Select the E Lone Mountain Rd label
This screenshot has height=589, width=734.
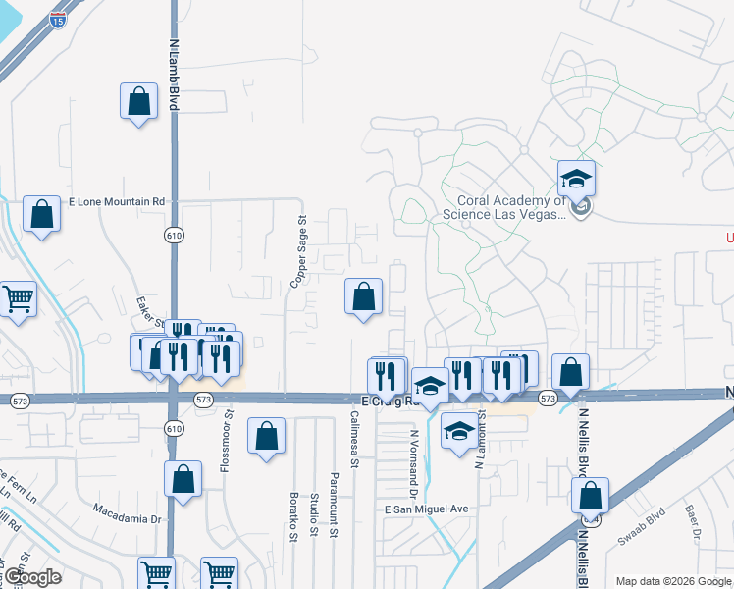tap(115, 201)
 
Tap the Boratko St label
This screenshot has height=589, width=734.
tap(292, 515)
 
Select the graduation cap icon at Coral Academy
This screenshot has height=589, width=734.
tap(576, 180)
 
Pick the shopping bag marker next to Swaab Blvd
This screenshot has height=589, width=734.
tap(590, 495)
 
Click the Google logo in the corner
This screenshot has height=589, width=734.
tap(31, 577)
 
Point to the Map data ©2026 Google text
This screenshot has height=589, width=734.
tap(672, 581)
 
